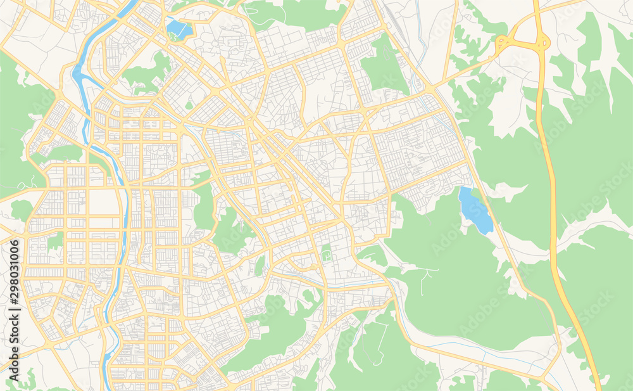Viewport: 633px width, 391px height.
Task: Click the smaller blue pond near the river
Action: coord(179,29)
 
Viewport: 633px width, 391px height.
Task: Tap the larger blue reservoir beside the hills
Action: coord(475,210)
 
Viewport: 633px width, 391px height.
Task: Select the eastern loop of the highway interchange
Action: coord(543,43)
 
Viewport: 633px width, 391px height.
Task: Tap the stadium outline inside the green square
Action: coord(327,255)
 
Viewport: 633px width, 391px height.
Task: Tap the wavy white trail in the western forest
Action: coord(25,184)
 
